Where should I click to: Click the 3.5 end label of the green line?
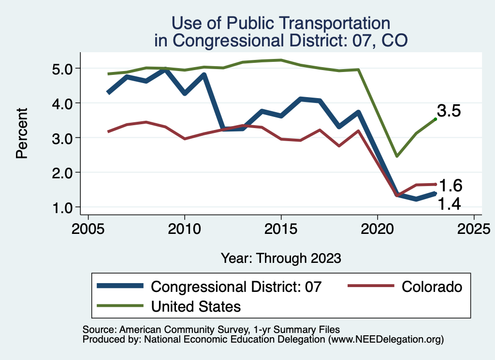449,111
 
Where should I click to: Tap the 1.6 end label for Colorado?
450,186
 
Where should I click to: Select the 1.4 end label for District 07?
449,205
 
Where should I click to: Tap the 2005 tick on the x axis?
88,228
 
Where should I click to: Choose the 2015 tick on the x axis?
281,228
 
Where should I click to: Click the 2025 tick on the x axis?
474,228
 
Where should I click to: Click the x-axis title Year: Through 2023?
281,258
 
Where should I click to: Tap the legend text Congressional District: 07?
236,287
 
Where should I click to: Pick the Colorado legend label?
432,287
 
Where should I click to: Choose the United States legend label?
196,306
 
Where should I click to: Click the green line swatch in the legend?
120,306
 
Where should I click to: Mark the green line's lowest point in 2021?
396,156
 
